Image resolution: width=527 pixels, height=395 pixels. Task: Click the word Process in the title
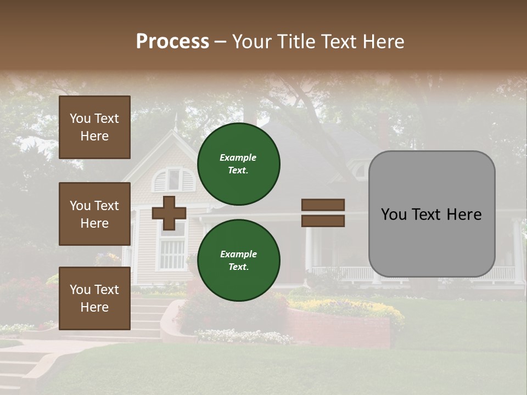click(x=172, y=42)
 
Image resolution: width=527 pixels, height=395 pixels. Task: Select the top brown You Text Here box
click(x=94, y=127)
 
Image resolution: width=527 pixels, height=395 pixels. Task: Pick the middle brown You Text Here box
click(x=94, y=214)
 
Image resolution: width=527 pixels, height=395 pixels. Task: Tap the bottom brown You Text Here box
click(x=94, y=298)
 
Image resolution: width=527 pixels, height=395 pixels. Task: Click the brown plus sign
click(x=169, y=213)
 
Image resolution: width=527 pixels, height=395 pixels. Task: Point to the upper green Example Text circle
click(x=239, y=163)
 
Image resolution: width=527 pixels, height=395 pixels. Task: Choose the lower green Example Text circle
click(x=239, y=260)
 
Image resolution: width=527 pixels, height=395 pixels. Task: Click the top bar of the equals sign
click(x=323, y=205)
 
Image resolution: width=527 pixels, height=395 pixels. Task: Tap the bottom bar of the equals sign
click(x=323, y=221)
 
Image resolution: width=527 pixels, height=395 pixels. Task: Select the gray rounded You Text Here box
click(x=431, y=214)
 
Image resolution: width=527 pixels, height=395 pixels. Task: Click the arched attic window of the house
click(x=174, y=179)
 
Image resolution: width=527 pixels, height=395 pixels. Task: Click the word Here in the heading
click(x=384, y=42)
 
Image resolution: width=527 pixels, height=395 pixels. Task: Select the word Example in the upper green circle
click(x=238, y=157)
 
